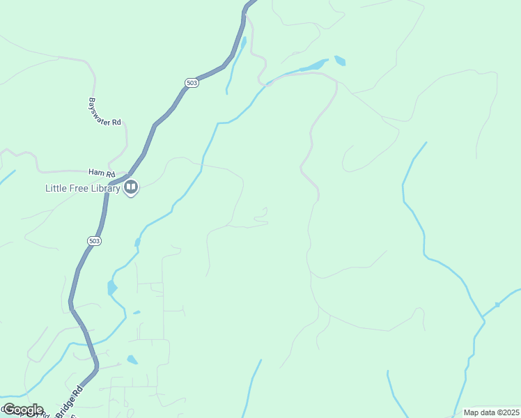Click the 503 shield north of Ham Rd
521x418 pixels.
coord(192,82)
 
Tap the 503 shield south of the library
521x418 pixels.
coord(95,241)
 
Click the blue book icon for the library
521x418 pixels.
coord(131,187)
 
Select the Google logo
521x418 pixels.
coord(22,410)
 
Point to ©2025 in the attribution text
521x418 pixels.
coord(506,412)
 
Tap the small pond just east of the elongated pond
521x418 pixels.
coord(340,61)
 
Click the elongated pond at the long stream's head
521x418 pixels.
coord(313,67)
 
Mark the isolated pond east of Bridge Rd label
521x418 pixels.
coord(132,360)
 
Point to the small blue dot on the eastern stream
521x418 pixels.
coord(497,305)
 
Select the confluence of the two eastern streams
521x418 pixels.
coord(483,319)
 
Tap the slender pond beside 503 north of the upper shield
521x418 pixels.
coord(242,43)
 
